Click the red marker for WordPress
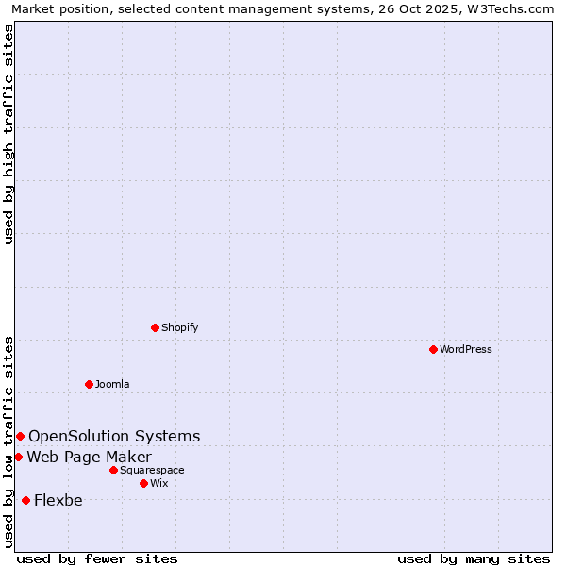[433, 349]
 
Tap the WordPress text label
[466, 350]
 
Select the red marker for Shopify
[155, 327]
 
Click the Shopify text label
[179, 328]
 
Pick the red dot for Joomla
[89, 384]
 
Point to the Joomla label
[112, 385]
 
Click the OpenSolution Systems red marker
[20, 436]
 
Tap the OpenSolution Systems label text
[114, 436]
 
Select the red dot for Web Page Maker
[18, 457]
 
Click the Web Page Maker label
[89, 458]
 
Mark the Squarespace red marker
[113, 470]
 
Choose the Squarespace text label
[152, 471]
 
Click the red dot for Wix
[143, 483]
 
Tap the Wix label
[158, 484]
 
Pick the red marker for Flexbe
[25, 500]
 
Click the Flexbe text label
[58, 501]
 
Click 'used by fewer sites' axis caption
[97, 558]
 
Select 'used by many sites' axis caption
[474, 558]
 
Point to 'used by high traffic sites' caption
[9, 134]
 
